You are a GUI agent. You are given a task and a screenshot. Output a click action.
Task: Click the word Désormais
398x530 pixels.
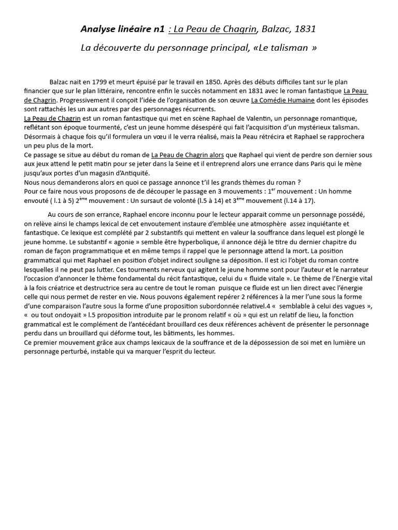[x=41, y=137]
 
